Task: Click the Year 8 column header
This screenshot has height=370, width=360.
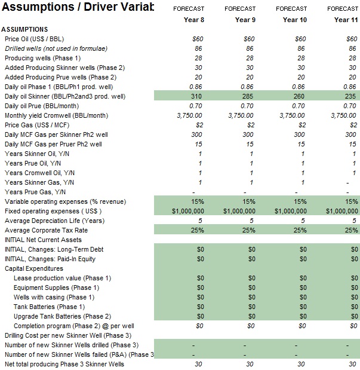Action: pyautogui.click(x=194, y=20)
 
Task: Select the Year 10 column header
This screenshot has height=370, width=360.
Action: pyautogui.click(x=295, y=20)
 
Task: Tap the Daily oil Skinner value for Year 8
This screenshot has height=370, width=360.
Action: pyautogui.click(x=196, y=96)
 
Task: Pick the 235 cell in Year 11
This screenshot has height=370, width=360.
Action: pyautogui.click(x=350, y=96)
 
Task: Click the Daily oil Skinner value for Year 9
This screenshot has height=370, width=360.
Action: pyautogui.click(x=248, y=96)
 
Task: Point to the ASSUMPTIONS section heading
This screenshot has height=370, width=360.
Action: pyautogui.click(x=24, y=29)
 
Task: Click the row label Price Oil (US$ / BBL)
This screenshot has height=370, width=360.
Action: pyautogui.click(x=35, y=39)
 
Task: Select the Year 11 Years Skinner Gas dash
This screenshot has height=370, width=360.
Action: pyautogui.click(x=347, y=183)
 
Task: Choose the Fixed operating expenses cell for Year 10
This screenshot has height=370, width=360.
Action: pyautogui.click(x=291, y=211)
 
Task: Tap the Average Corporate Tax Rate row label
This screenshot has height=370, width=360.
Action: pyautogui.click(x=46, y=230)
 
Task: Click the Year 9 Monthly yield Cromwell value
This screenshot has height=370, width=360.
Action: pyautogui.click(x=241, y=115)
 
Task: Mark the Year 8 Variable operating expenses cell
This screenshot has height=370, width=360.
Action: pyautogui.click(x=198, y=201)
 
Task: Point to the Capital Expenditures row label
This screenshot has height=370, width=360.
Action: pyautogui.click(x=34, y=268)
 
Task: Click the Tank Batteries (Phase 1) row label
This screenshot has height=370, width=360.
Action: pyautogui.click(x=50, y=307)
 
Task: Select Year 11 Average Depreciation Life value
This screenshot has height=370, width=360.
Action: pyautogui.click(x=354, y=221)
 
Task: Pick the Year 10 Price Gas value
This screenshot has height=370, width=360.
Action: pyautogui.click(x=302, y=125)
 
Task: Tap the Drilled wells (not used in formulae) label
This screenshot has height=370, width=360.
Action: pyautogui.click(x=56, y=48)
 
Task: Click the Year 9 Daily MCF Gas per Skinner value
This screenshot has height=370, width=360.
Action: pyautogui.click(x=248, y=134)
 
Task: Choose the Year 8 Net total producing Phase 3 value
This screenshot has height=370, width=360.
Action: pyautogui.click(x=198, y=364)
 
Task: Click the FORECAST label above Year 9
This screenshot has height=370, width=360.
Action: pyautogui.click(x=240, y=9)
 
